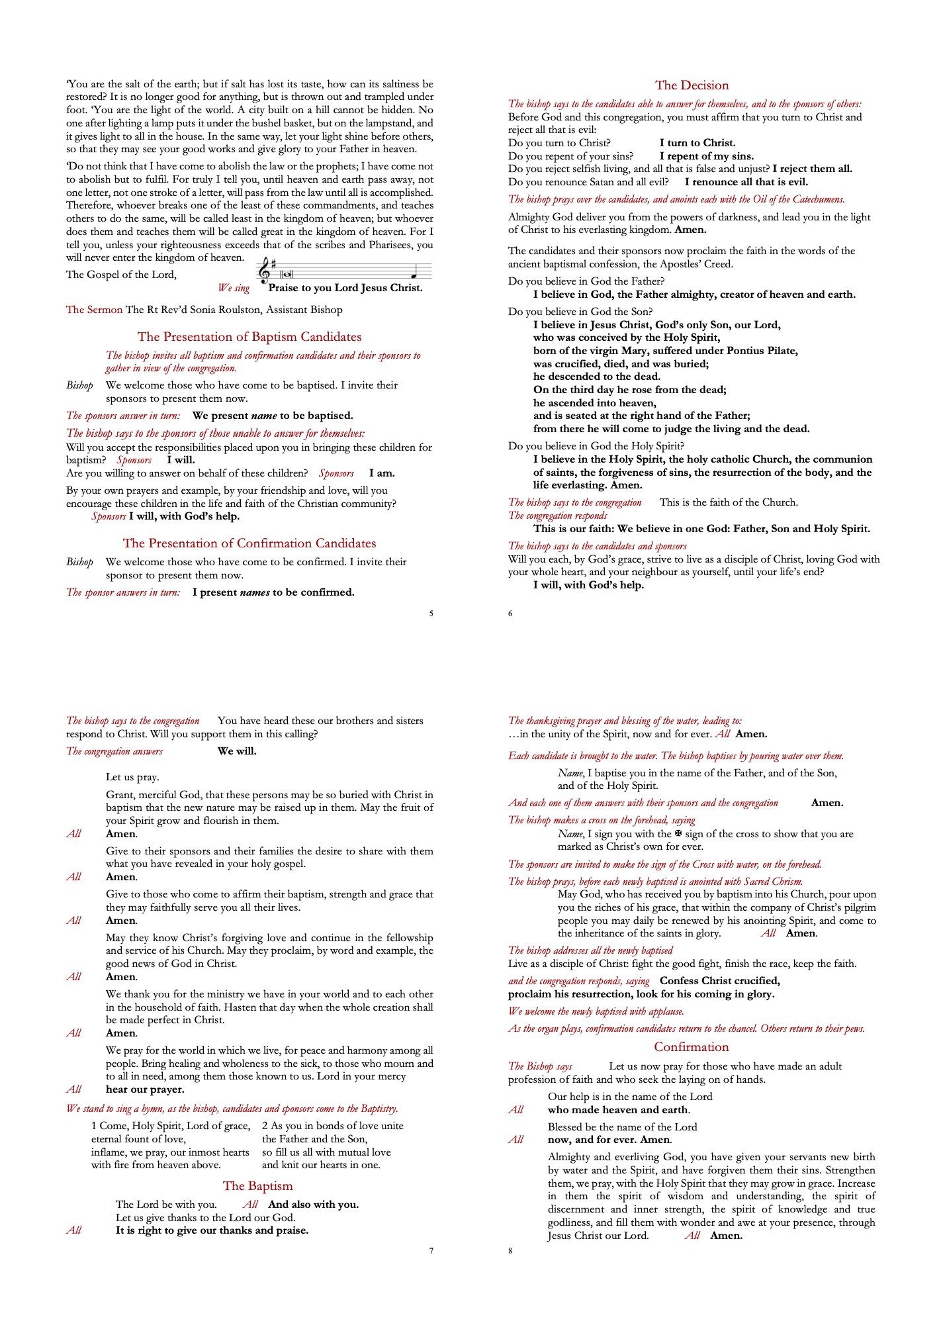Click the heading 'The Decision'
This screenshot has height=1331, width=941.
(x=692, y=85)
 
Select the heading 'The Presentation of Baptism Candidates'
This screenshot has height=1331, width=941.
(x=249, y=337)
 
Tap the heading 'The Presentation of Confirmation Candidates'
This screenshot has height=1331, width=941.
(x=249, y=543)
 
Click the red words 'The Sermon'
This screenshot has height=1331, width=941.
(x=94, y=310)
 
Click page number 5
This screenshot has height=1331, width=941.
(x=431, y=614)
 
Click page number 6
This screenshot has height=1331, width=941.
(x=510, y=614)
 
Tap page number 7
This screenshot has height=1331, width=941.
(x=431, y=1251)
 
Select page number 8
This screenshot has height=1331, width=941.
(x=510, y=1251)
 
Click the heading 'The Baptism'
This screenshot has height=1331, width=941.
(x=257, y=1186)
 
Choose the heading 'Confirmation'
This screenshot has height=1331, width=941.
(x=692, y=1047)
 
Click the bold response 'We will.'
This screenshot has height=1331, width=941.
(x=237, y=751)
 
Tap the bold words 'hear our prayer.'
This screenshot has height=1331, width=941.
(x=145, y=1089)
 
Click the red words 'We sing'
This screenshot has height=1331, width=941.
(x=234, y=288)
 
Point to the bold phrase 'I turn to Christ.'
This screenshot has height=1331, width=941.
(x=697, y=143)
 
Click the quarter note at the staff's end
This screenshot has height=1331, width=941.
(x=414, y=275)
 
